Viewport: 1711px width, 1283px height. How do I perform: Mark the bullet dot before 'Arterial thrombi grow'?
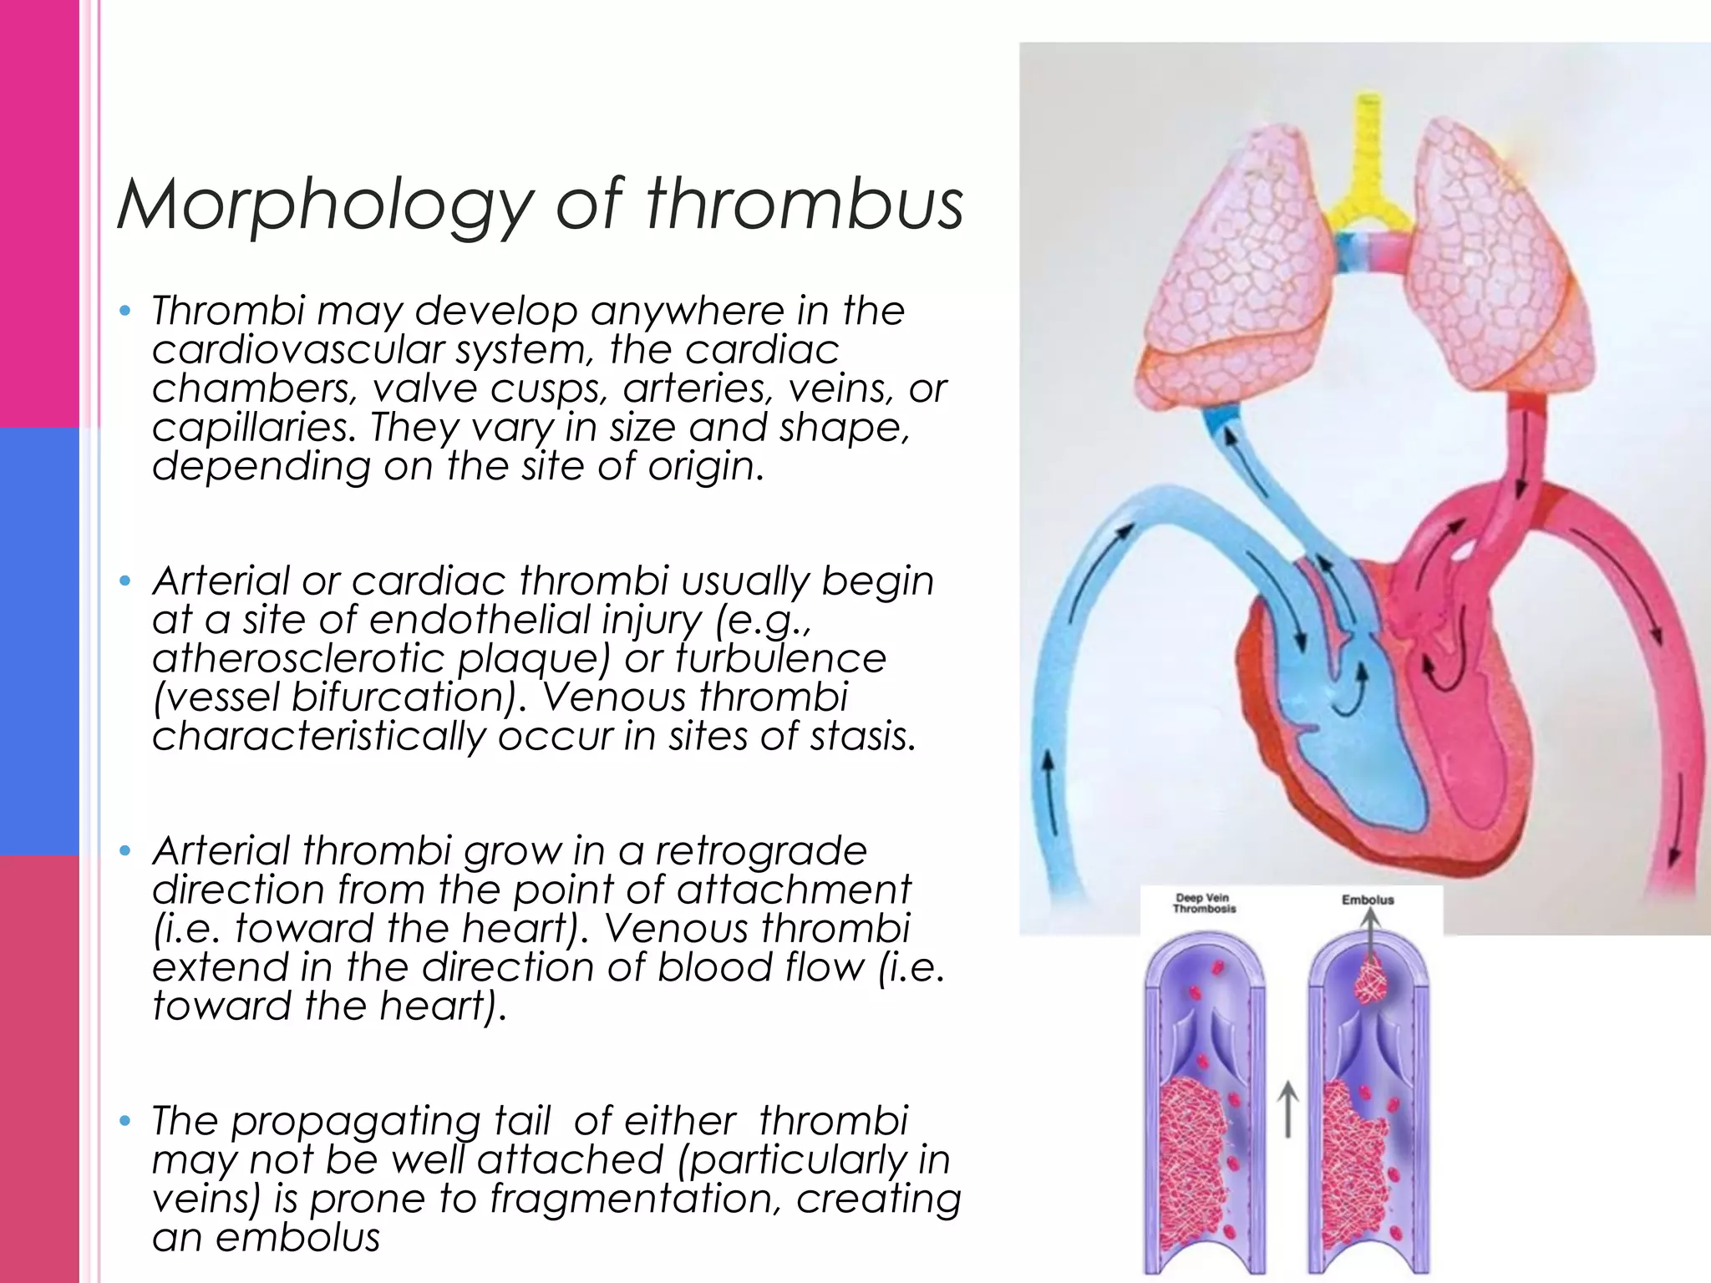pos(125,851)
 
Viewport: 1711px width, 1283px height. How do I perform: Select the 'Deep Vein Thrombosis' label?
pos(1203,904)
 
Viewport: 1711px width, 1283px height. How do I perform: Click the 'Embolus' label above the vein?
pos(1368,900)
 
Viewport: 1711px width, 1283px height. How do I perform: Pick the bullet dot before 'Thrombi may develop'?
pos(125,312)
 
